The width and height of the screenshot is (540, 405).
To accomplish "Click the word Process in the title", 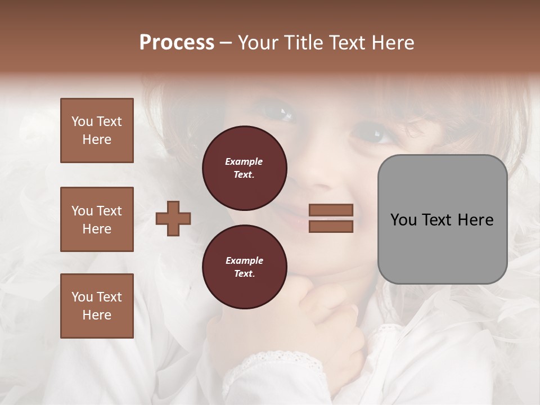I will pyautogui.click(x=177, y=43).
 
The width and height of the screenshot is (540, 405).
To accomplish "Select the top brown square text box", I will pyautogui.click(x=97, y=130).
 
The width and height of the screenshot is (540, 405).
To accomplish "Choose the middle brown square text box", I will pyautogui.click(x=97, y=219).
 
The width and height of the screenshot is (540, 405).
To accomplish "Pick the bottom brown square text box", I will pyautogui.click(x=97, y=306).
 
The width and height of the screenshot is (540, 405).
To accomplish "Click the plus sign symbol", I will pyautogui.click(x=173, y=219).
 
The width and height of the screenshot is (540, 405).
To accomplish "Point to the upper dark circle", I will pyautogui.click(x=245, y=168).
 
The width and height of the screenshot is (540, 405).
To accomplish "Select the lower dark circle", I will pyautogui.click(x=245, y=267).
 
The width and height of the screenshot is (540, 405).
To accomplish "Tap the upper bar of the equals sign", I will pyautogui.click(x=331, y=210).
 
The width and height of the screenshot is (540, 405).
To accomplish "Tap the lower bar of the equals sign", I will pyautogui.click(x=331, y=226).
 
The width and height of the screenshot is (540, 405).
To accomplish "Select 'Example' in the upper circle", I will pyautogui.click(x=244, y=162).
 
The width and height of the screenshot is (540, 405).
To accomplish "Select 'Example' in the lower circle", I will pyautogui.click(x=244, y=261).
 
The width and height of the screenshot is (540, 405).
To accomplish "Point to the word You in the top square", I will pyautogui.click(x=82, y=121).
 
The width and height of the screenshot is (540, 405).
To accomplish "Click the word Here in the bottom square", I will pyautogui.click(x=97, y=315).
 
